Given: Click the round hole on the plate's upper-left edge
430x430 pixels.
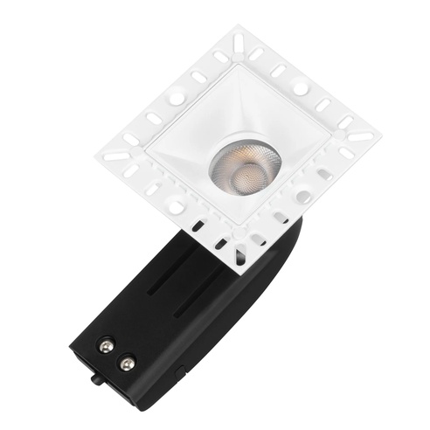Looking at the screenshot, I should point(177,100).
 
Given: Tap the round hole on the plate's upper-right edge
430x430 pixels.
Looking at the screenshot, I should point(300,88).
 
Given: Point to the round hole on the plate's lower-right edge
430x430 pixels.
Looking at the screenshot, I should point(302,197).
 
